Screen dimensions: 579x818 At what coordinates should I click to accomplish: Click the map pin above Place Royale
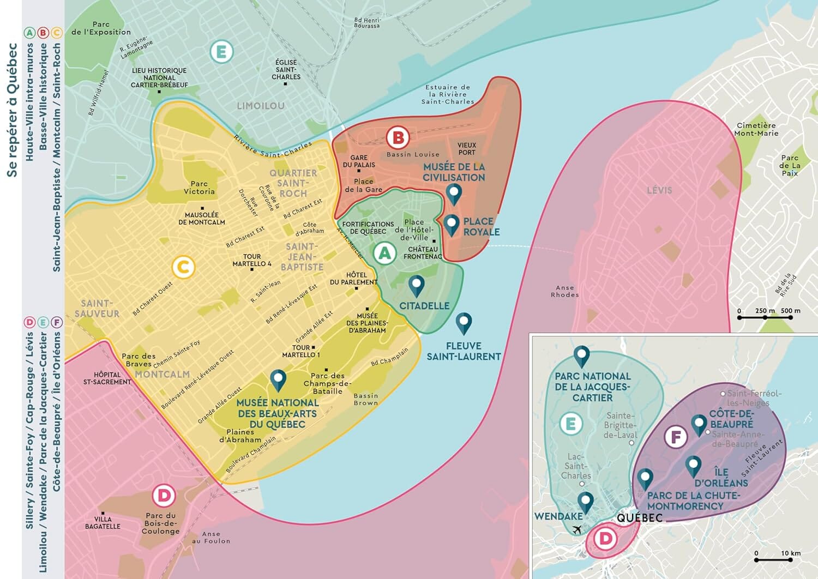tap(451, 224)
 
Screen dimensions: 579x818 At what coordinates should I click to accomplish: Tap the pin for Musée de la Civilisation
tap(454, 194)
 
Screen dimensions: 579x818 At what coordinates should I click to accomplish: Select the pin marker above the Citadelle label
tap(417, 285)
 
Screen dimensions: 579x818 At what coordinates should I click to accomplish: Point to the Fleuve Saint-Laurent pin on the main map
tap(464, 323)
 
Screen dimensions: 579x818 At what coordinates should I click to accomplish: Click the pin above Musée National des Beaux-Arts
tap(278, 380)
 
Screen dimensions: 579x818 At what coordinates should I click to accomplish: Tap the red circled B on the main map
tap(398, 138)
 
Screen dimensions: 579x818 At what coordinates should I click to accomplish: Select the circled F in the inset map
tap(676, 437)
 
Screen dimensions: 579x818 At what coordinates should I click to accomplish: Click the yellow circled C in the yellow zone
tap(183, 267)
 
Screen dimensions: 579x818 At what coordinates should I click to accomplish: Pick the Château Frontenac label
tap(423, 252)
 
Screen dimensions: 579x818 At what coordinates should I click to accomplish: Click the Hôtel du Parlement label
tap(353, 279)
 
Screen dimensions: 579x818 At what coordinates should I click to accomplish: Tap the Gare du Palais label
tap(359, 161)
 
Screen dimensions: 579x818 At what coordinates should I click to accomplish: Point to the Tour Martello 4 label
tap(252, 260)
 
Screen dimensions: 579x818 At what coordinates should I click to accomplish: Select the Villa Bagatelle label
tap(103, 523)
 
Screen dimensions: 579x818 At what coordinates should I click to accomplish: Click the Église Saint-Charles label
tap(286, 70)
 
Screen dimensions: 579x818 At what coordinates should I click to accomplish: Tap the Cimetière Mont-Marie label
tap(756, 129)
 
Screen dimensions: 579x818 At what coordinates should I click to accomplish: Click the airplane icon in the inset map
tap(576, 529)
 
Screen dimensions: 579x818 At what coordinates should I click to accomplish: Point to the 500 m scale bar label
tap(790, 311)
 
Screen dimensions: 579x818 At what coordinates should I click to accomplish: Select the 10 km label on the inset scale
tap(791, 553)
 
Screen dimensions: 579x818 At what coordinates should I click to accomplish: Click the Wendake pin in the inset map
tap(585, 501)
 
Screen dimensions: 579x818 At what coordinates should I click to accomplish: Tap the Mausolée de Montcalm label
tap(201, 219)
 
